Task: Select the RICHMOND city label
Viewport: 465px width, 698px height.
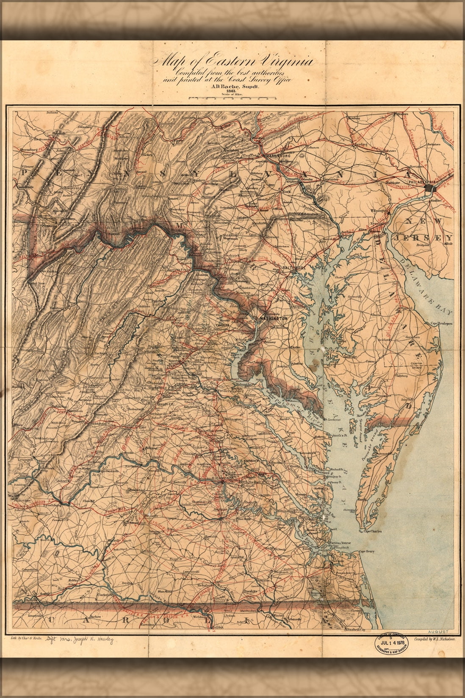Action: pos(222,478)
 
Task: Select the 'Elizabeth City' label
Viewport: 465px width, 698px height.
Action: pos(355,630)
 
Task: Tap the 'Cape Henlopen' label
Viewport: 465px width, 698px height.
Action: pos(442,324)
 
